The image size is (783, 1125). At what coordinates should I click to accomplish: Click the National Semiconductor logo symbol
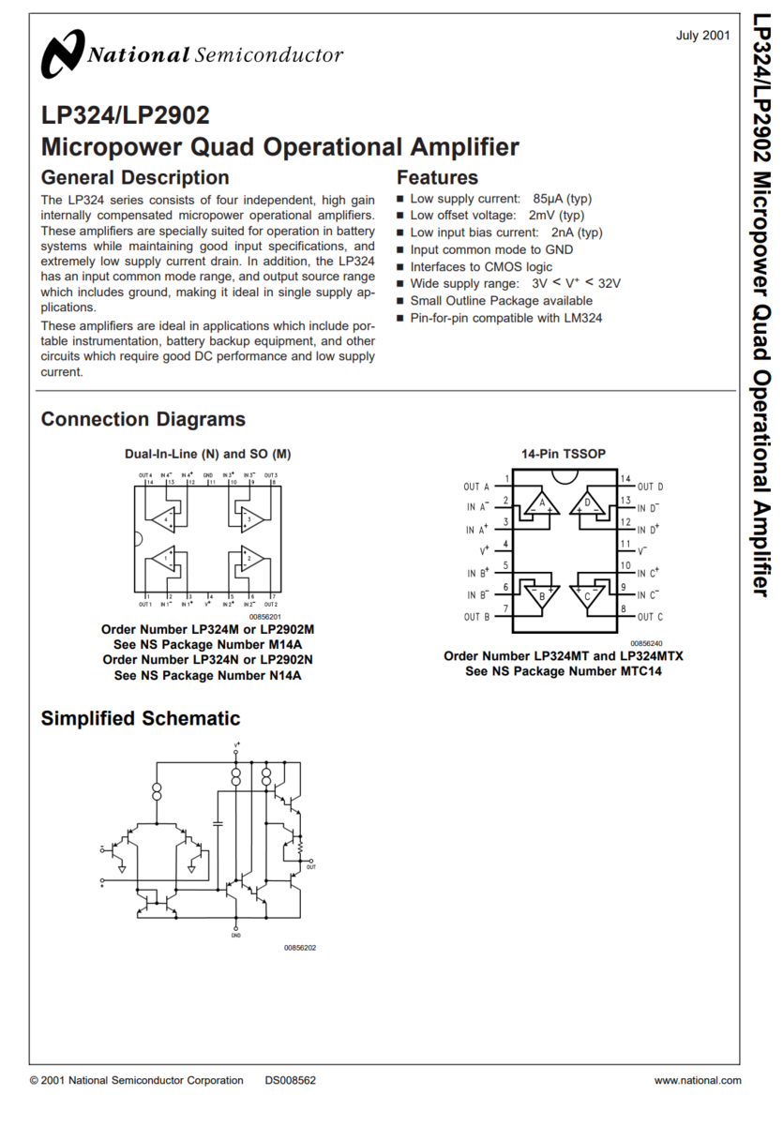(62, 54)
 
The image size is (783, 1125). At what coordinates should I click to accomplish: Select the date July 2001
(702, 36)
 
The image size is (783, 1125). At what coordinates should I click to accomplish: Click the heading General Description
(134, 177)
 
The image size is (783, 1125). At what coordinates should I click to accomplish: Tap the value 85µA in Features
(549, 199)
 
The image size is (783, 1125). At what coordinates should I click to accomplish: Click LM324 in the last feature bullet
(581, 318)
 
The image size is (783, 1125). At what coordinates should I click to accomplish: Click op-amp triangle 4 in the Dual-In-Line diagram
(166, 517)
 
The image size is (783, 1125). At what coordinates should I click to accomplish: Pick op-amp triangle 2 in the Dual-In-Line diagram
(249, 559)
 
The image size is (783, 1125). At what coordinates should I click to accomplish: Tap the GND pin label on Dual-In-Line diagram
(208, 475)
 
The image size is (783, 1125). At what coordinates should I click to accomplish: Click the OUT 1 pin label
(145, 605)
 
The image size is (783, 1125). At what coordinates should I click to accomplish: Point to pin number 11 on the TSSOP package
(625, 544)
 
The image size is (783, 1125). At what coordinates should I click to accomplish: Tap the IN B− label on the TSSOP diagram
(478, 594)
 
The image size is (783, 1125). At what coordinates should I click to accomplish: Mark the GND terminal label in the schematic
(235, 936)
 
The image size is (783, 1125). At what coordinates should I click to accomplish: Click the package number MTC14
(640, 671)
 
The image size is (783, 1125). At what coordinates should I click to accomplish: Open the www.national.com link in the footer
(697, 1080)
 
